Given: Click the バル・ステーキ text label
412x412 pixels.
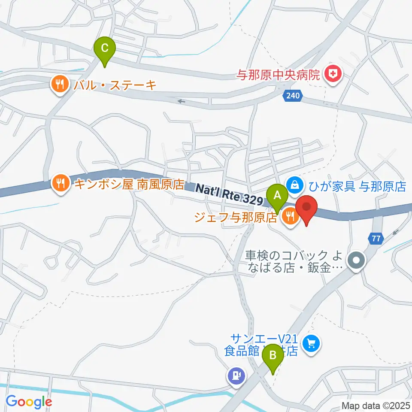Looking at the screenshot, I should click(115, 85).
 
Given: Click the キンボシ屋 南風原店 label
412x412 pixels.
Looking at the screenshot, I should click(129, 185).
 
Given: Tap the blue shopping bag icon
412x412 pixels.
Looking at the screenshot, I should click(295, 185).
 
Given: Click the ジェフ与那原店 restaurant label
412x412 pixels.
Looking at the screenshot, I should click(236, 217).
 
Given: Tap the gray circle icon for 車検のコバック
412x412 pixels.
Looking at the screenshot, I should click(357, 260).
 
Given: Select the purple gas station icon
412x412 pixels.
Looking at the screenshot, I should click(236, 376).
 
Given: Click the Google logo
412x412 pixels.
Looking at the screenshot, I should click(29, 402).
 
